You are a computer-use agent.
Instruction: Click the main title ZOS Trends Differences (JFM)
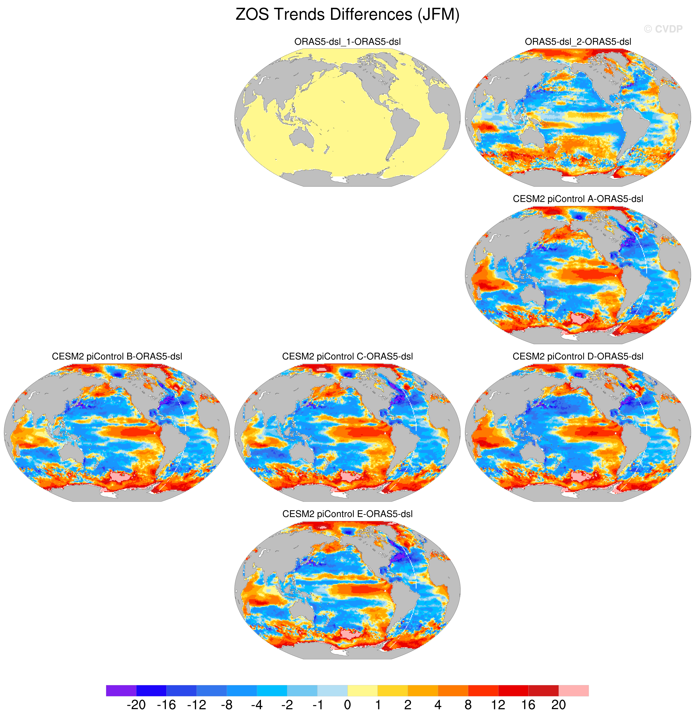pos(347,15)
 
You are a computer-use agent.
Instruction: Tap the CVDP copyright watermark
pos(663,29)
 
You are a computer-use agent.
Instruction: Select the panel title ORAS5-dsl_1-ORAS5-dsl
pos(347,42)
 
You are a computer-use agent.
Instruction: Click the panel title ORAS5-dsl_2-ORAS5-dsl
pos(578,42)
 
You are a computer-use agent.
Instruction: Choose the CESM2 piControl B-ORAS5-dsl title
pos(117,356)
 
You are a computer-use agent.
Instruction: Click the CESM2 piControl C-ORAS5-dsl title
pos(347,356)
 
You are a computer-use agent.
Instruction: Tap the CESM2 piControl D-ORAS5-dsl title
pos(578,356)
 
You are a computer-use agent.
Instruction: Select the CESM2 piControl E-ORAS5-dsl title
pos(347,514)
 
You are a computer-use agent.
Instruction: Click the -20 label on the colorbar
pos(136,705)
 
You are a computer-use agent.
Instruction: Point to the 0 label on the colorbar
pos(347,705)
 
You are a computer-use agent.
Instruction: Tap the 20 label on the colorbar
pos(559,705)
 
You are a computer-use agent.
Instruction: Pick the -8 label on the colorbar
pos(227,705)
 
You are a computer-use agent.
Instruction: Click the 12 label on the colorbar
pos(498,705)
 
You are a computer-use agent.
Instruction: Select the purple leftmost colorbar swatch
pos(121,691)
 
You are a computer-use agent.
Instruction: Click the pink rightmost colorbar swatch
pos(574,691)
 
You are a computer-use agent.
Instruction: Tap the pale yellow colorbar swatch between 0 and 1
pos(362,691)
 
